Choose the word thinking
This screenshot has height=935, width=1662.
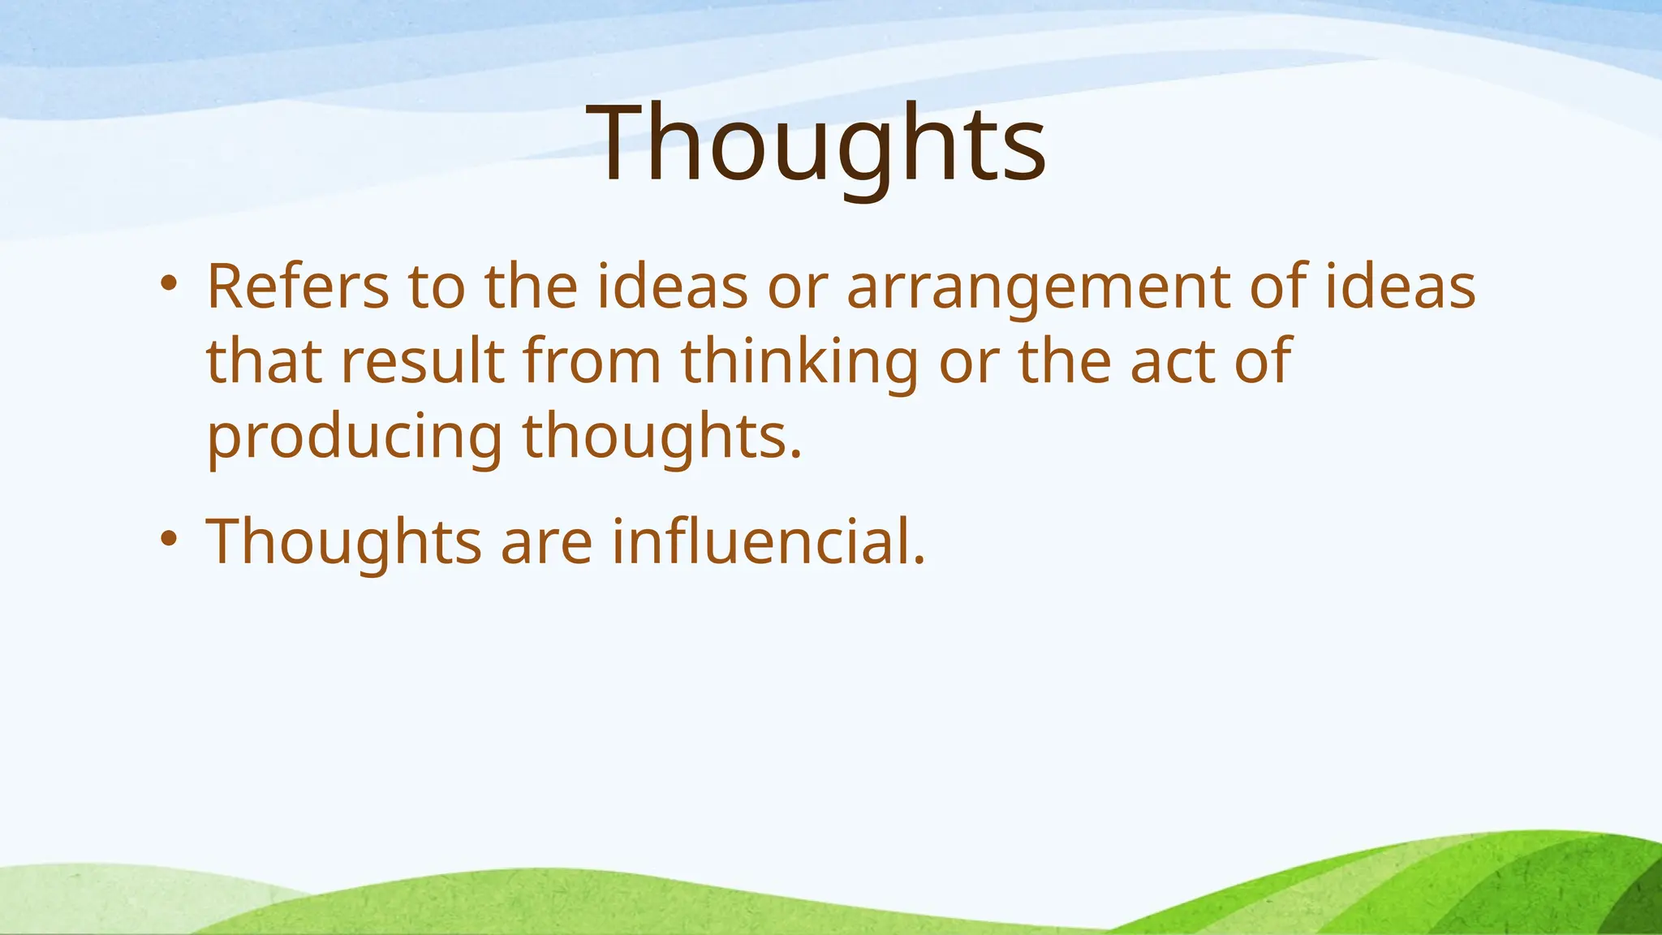click(799, 363)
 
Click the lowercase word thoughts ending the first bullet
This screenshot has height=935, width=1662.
click(661, 437)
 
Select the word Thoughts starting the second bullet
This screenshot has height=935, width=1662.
click(344, 541)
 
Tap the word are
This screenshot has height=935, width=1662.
click(546, 543)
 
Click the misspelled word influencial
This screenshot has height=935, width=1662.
click(768, 541)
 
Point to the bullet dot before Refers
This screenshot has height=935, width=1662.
click(168, 283)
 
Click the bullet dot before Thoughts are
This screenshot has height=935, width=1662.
click(168, 538)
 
